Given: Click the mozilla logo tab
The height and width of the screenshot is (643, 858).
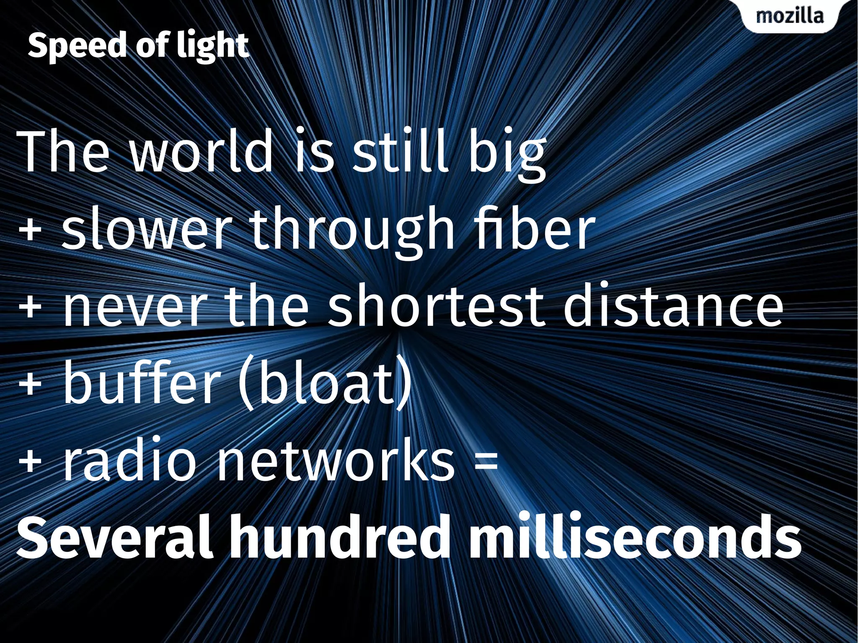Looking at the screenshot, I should [x=790, y=16].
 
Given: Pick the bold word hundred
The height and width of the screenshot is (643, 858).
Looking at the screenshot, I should [x=340, y=538].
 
